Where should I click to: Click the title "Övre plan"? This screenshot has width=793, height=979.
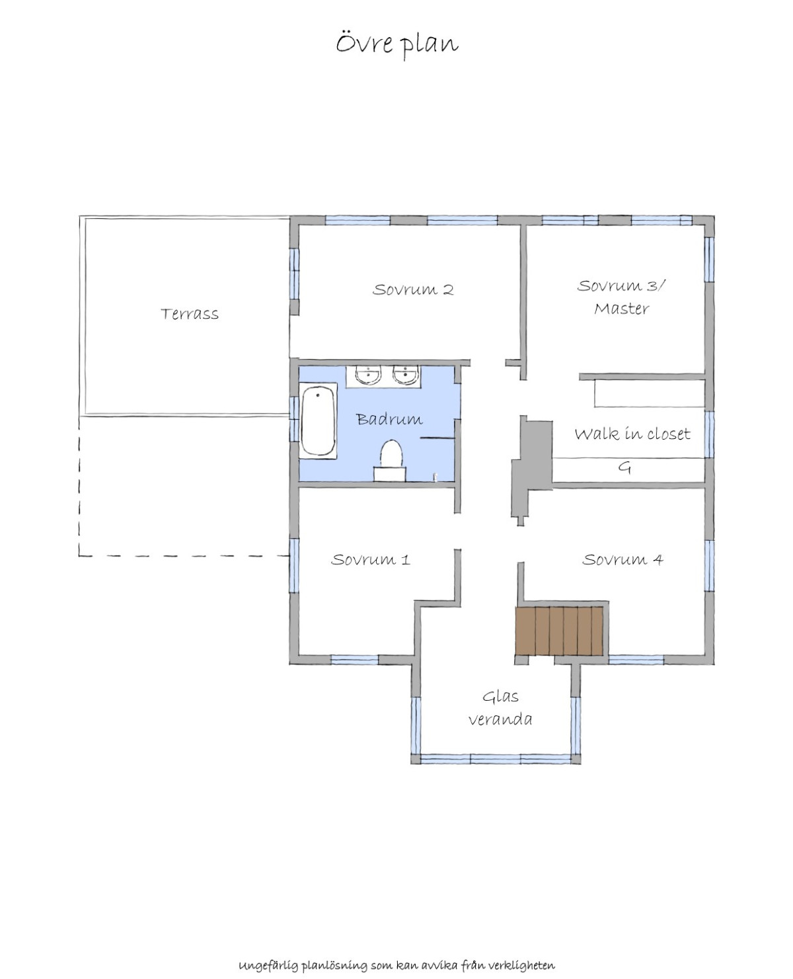point(397,45)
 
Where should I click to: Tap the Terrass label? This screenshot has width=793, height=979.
point(190,314)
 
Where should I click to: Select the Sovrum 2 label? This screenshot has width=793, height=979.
point(413,290)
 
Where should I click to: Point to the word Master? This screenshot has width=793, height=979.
point(622,309)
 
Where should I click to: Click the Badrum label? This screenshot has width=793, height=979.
point(389,418)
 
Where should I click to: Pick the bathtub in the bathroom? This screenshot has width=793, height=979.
point(319,420)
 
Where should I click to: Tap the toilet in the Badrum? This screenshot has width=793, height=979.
point(391,459)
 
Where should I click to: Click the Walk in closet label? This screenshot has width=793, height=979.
point(632,434)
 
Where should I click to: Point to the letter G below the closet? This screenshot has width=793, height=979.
point(624,468)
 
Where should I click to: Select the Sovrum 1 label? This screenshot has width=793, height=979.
point(370,559)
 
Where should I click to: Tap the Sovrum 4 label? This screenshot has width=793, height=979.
point(623,559)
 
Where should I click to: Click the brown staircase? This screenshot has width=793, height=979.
point(558,631)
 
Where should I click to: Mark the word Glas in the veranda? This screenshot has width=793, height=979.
point(500,697)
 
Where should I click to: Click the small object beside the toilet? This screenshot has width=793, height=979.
point(435,477)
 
